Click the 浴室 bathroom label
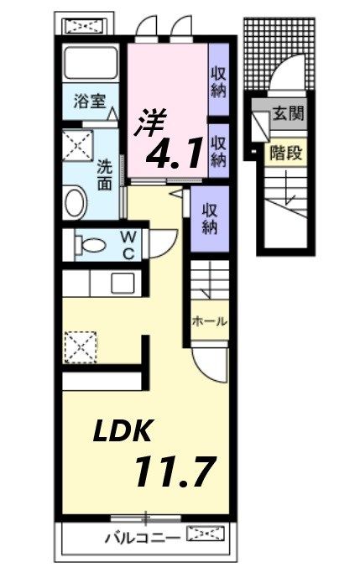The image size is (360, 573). coord(88,102)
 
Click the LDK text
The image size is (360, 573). coord(122,432)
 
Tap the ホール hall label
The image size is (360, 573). coord(209,320)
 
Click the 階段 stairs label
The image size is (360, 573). coord(286,153)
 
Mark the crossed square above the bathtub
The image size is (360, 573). coord(85,26)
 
